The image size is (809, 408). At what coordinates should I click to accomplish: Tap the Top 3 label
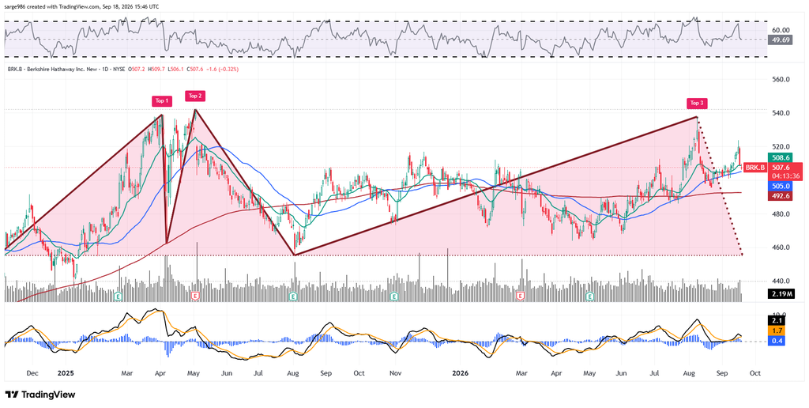click(x=697, y=103)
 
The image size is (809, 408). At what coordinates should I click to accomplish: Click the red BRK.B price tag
click(x=754, y=168)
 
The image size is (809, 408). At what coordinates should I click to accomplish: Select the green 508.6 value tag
click(x=779, y=158)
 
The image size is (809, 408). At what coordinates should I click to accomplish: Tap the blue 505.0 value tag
click(x=779, y=186)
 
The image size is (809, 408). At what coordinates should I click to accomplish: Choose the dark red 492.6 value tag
click(x=779, y=196)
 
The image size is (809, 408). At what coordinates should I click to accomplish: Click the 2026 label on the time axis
click(x=460, y=372)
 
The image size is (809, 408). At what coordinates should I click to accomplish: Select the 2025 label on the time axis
click(x=66, y=372)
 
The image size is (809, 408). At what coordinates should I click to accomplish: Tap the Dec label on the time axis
click(x=32, y=372)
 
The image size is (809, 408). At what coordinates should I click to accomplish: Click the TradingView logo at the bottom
click(x=40, y=395)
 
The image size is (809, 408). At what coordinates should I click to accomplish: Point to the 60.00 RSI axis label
click(x=780, y=30)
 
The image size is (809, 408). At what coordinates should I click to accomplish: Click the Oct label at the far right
click(x=754, y=372)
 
